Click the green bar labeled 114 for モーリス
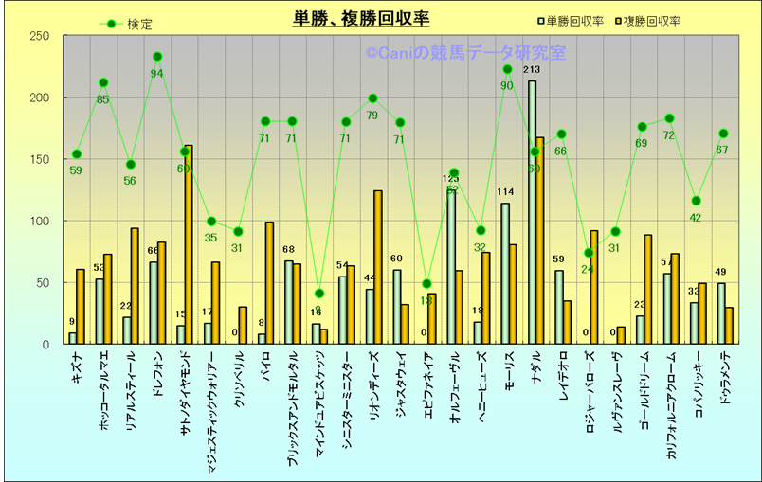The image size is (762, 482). point(505,274)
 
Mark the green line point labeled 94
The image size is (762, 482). point(157,57)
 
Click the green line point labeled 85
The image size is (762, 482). point(103,82)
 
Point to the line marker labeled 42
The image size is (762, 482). point(696,201)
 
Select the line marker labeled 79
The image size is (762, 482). point(372,98)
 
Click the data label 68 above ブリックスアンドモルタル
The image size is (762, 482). point(288,250)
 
